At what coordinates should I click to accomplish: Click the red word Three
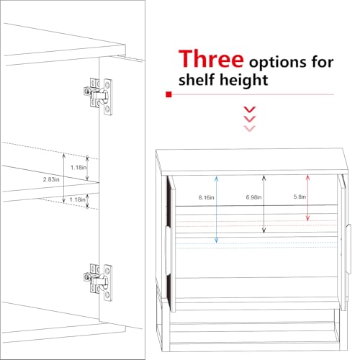pyautogui.click(x=211, y=58)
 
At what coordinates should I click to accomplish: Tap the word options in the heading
pyautogui.click(x=277, y=62)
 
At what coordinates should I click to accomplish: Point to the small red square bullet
pyautogui.click(x=168, y=94)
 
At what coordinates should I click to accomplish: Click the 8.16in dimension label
pyautogui.click(x=206, y=197)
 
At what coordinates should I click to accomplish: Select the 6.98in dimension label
pyautogui.click(x=253, y=197)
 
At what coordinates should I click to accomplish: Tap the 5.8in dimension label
pyautogui.click(x=300, y=197)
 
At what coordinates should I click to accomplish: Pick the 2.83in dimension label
pyautogui.click(x=51, y=179)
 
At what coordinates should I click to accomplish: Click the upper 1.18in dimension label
pyautogui.click(x=78, y=167)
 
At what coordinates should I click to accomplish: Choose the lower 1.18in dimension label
pyautogui.click(x=77, y=199)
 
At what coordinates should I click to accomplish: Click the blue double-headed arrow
pyautogui.click(x=217, y=210)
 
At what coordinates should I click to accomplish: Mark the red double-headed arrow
pyautogui.click(x=307, y=198)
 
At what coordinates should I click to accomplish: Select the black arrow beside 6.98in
pyautogui.click(x=264, y=204)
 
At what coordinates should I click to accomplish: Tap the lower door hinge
pyautogui.click(x=98, y=282)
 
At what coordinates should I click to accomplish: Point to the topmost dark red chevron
pyautogui.click(x=250, y=109)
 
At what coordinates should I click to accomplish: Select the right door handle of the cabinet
pyautogui.click(x=348, y=248)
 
